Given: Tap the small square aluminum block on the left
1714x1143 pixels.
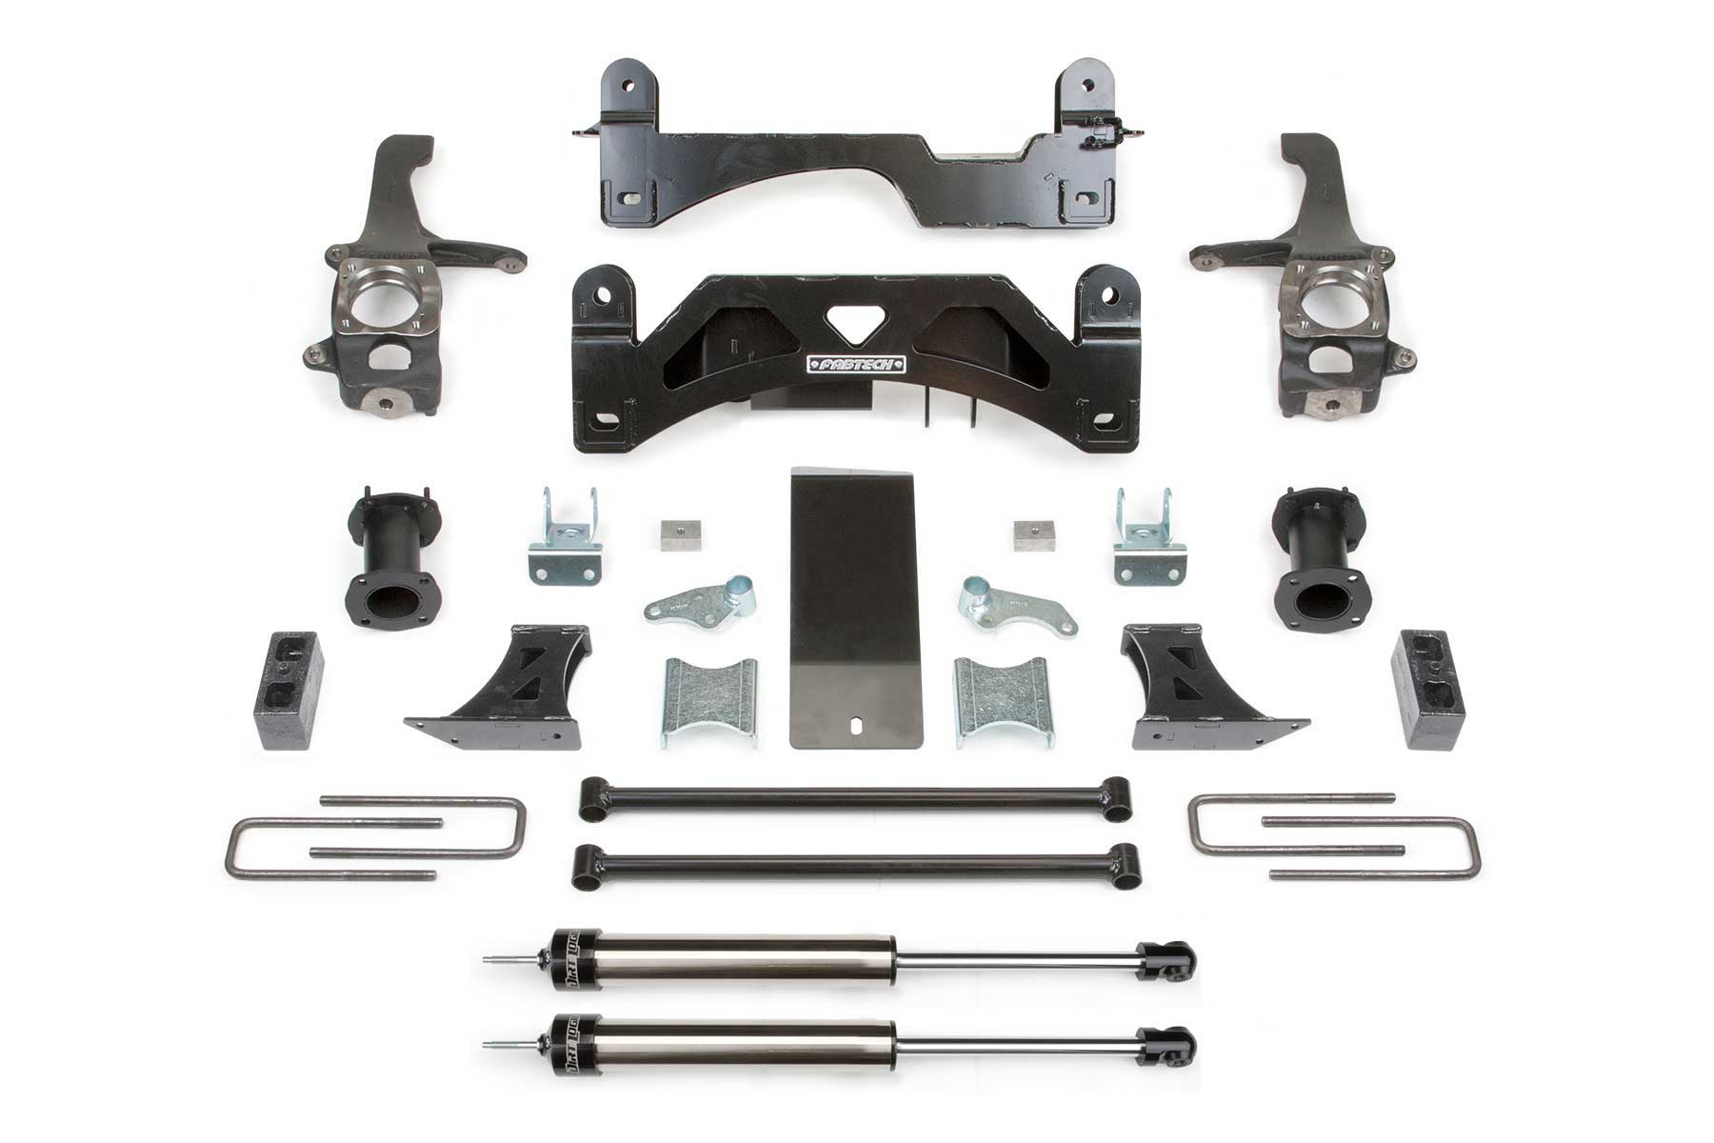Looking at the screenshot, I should tap(671, 536).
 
